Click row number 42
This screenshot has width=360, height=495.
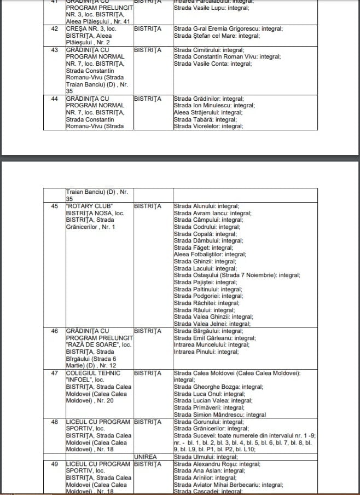54,28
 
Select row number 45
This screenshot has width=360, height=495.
54,206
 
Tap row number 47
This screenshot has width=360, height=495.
54,373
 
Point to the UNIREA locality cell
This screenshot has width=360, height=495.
145,457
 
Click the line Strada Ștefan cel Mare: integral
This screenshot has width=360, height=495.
217,36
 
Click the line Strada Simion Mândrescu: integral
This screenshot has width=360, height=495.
220,415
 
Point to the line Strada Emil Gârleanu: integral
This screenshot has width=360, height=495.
214,338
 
